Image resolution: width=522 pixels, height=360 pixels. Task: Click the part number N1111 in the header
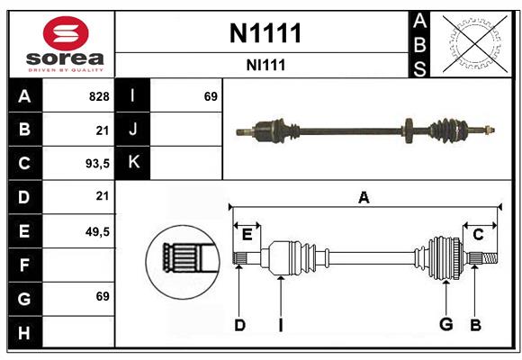click(265, 33)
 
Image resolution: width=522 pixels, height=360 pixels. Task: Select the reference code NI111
click(265, 65)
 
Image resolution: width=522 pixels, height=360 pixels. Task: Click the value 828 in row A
click(99, 96)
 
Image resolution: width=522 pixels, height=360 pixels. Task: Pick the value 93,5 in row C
click(96, 164)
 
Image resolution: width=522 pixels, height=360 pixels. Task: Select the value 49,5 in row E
click(96, 231)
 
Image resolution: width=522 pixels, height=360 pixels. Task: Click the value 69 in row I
click(211, 96)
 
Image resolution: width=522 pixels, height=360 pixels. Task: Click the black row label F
click(24, 265)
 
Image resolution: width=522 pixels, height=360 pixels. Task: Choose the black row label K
click(133, 163)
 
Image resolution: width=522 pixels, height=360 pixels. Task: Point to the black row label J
click(133, 130)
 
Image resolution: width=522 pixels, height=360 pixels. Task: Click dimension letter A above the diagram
click(364, 197)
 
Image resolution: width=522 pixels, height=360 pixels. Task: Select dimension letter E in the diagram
click(247, 235)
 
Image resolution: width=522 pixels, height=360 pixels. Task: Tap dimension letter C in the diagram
click(479, 235)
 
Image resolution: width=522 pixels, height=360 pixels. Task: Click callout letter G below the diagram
click(445, 325)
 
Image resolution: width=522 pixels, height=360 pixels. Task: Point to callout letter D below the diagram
click(239, 325)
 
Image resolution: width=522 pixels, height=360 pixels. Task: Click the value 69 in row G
click(102, 295)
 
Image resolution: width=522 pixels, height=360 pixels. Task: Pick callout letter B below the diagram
click(476, 325)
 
